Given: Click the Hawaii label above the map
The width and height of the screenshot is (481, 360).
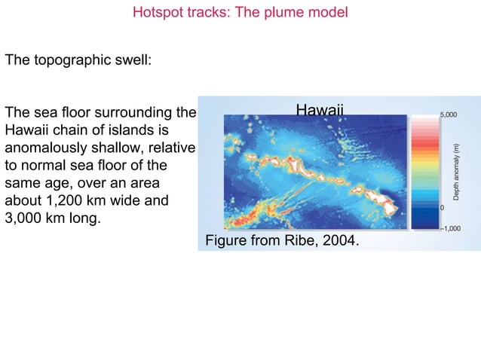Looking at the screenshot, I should pyautogui.click(x=320, y=111).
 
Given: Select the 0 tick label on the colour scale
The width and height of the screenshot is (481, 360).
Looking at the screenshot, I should pyautogui.click(x=442, y=206).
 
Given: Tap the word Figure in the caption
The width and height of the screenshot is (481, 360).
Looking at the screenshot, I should pyautogui.click(x=226, y=241).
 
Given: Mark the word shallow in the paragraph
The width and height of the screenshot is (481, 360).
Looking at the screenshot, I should pyautogui.click(x=124, y=148).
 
